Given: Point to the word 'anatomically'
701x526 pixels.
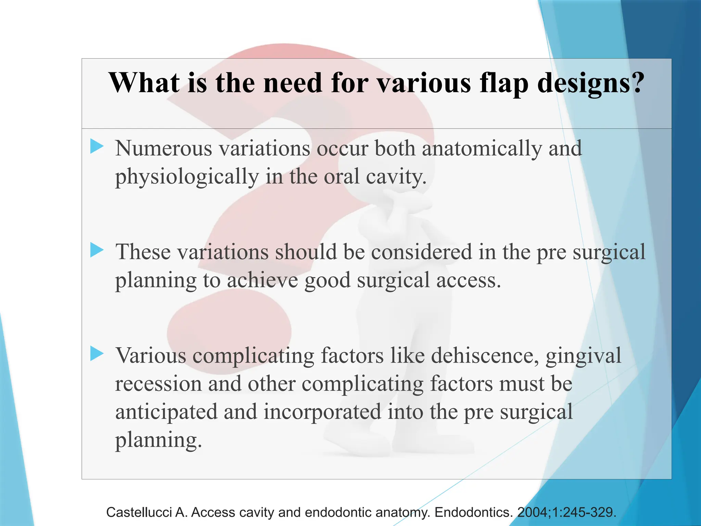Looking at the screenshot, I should pos(482,149).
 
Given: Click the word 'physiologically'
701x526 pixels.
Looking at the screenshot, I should pos(187,177).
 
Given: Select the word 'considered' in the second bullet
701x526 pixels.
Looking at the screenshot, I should pos(422,252).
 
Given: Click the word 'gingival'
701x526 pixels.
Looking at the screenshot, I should pos(583,356).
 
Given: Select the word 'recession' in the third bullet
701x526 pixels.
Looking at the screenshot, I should pos(158,384).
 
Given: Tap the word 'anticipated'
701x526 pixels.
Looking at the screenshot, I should pos(166,412).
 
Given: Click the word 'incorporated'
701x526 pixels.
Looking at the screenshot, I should pos(322,412).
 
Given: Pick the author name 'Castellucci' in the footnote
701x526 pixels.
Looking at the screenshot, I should pos(139,512).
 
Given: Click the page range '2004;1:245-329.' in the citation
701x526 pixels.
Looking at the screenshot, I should pos(567,512).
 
